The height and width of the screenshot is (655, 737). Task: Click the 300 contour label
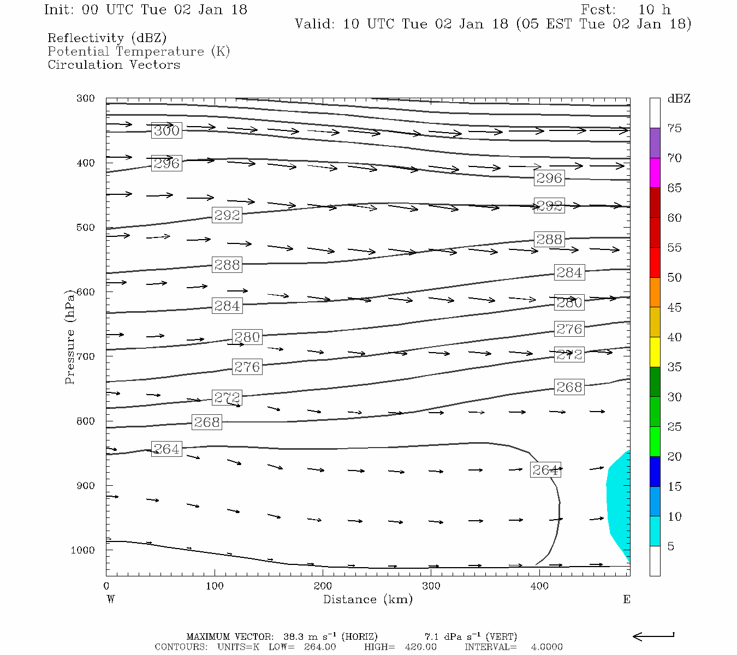pos(167,130)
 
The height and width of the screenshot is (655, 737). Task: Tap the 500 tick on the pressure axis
pos(86,228)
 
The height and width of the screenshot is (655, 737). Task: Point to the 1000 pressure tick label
pos(83,550)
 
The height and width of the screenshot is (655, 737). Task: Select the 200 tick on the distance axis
pos(323,586)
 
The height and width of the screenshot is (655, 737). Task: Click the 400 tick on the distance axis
pos(539,586)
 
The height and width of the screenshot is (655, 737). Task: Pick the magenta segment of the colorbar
pos(655,172)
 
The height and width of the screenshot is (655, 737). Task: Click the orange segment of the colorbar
pos(655,292)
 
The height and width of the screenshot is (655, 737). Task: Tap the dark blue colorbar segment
pos(655,471)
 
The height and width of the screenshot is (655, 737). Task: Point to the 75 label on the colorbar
pos(674,128)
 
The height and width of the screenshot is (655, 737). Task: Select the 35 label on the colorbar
pos(674,367)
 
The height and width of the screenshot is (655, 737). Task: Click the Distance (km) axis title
pos(367,599)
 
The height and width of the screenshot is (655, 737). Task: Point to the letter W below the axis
pos(111,599)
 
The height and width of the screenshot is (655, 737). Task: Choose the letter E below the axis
pos(626,599)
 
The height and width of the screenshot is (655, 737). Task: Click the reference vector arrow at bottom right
pos(653,636)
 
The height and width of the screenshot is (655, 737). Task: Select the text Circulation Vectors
pos(114,64)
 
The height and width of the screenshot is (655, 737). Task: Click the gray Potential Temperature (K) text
pos(139,51)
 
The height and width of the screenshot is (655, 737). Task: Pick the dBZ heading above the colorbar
pos(679,99)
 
